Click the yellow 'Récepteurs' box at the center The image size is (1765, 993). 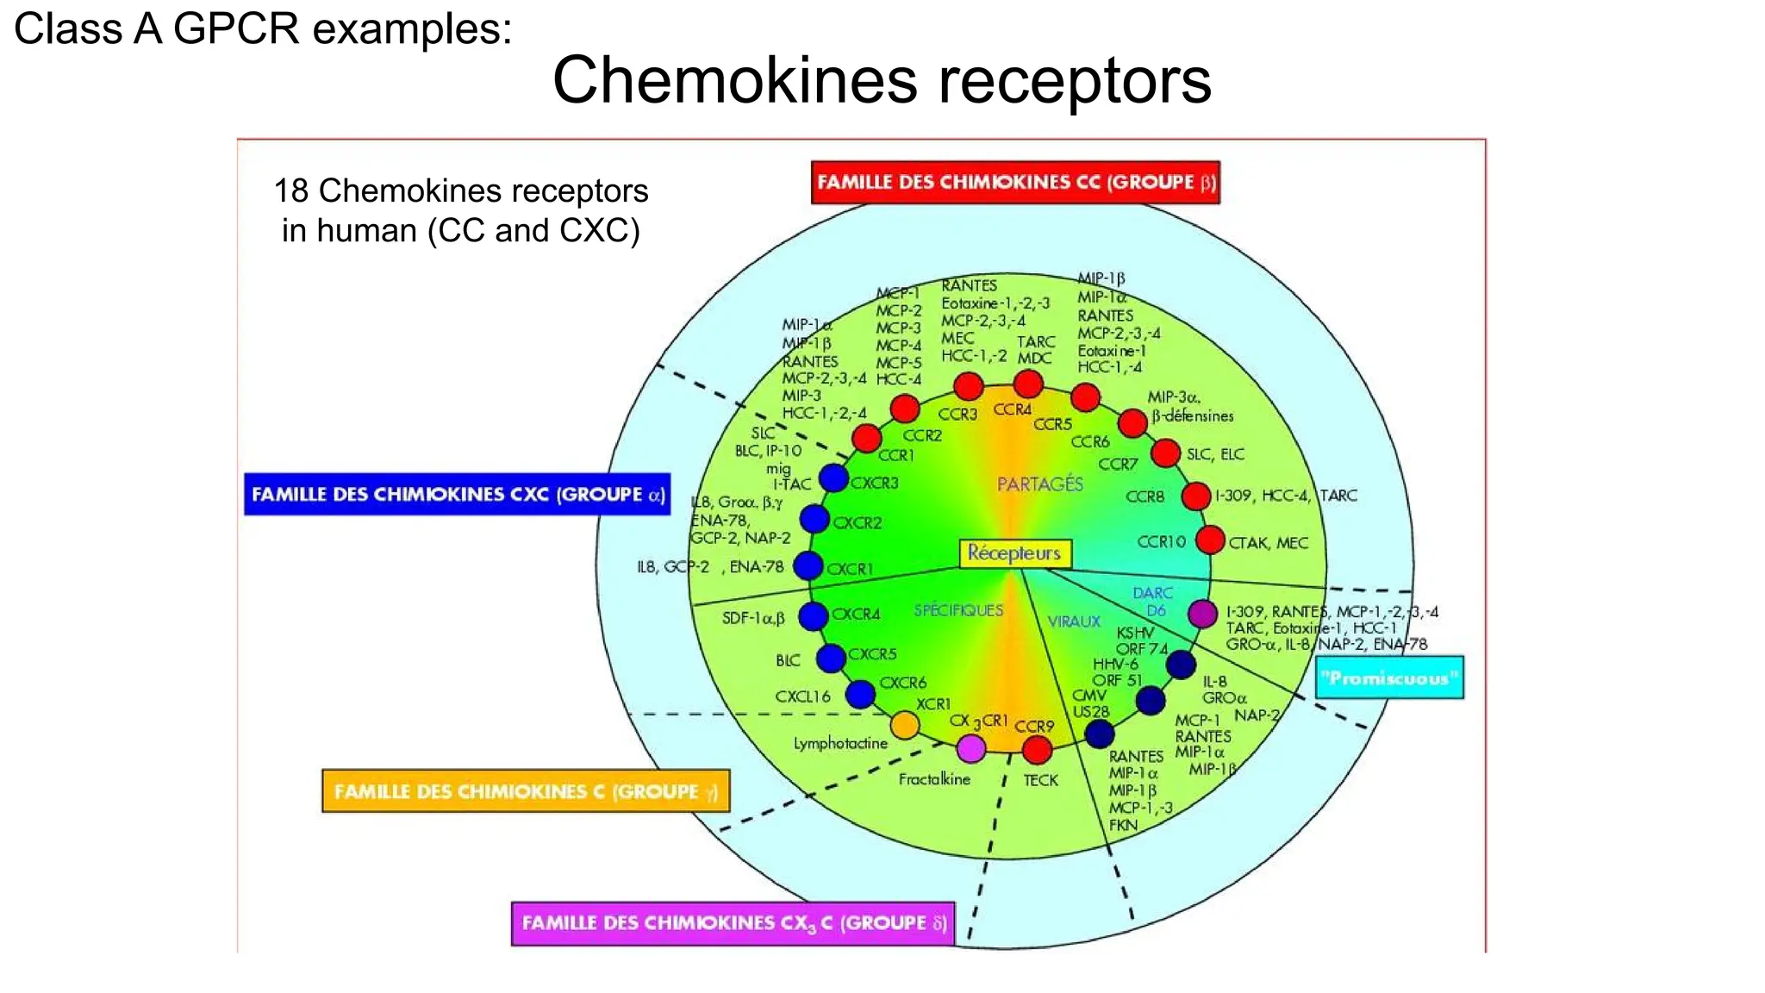click(1014, 553)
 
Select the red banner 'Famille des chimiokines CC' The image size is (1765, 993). click(1015, 183)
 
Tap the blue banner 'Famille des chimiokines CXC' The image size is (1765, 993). click(457, 495)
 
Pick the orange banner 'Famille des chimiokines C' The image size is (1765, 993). click(526, 791)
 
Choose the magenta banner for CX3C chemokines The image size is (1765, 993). click(733, 923)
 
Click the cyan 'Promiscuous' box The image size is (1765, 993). click(1389, 678)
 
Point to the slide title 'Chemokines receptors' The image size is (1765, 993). click(882, 80)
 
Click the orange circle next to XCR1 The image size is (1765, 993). click(905, 725)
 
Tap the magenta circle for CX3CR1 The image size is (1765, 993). click(971, 748)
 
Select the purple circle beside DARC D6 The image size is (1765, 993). click(1202, 614)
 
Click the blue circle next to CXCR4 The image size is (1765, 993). click(813, 615)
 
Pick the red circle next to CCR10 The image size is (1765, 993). click(1210, 540)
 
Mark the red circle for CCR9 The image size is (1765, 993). click(1037, 749)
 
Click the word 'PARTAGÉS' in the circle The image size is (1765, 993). click(1039, 484)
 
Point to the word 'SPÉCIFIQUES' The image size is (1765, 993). click(958, 610)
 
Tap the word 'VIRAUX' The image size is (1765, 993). click(1074, 621)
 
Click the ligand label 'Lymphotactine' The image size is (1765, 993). click(840, 743)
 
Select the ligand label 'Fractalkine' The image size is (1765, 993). click(934, 779)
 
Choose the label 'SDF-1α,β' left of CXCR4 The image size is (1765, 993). click(753, 618)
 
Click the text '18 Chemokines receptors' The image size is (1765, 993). click(461, 190)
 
